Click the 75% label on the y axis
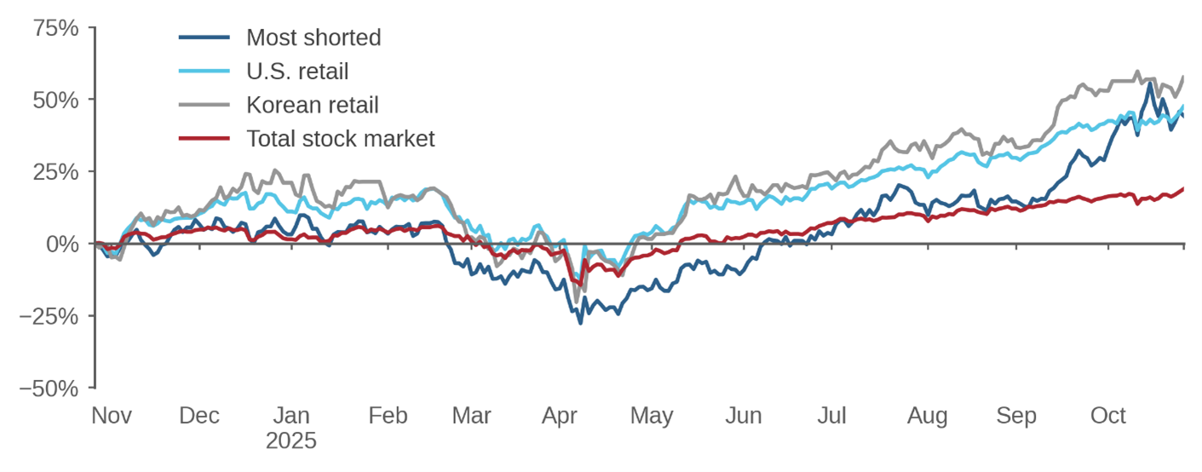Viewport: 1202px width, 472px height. coord(56,28)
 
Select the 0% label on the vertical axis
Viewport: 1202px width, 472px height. coord(63,245)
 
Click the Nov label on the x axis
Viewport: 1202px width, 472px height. coord(112,416)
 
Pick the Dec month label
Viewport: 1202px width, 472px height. coord(199,416)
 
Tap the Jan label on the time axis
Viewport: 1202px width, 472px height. coord(290,416)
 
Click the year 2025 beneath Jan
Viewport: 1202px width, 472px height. coord(290,441)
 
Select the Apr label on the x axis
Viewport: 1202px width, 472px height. coord(560,416)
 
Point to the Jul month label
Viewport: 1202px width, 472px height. coord(831,416)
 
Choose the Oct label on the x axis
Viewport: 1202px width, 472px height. coord(1108,416)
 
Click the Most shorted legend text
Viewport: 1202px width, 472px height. coord(313,37)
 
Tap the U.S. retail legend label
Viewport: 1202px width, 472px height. coord(297,72)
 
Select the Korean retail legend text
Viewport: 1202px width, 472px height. coord(312,105)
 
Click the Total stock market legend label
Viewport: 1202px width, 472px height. coord(340,139)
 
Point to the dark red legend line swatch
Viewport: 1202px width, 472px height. coord(204,139)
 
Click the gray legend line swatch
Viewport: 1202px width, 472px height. coord(204,105)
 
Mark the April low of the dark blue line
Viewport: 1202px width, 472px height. coord(581,323)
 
